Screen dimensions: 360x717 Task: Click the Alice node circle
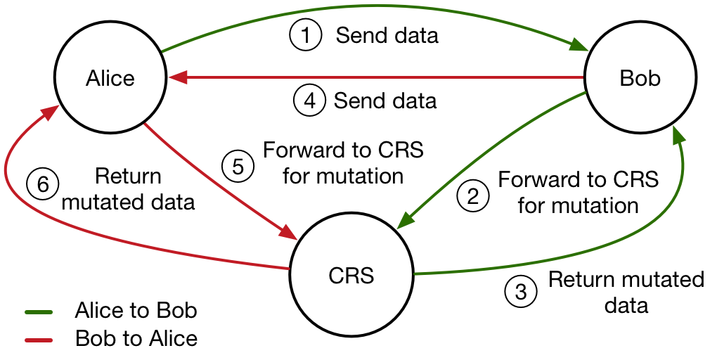110,77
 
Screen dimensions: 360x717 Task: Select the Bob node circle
640,77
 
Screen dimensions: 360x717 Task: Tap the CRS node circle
351,275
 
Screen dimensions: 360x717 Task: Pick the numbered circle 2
472,196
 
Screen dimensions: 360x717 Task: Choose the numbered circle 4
309,101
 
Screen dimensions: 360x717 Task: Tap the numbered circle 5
238,167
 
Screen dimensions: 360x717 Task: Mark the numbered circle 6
42,185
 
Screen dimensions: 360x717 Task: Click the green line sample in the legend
50,311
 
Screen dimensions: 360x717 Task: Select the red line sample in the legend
50,340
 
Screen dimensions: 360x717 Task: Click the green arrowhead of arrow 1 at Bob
581,47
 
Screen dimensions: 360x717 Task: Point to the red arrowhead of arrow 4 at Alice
176,77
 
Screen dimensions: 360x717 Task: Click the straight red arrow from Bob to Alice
380,77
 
